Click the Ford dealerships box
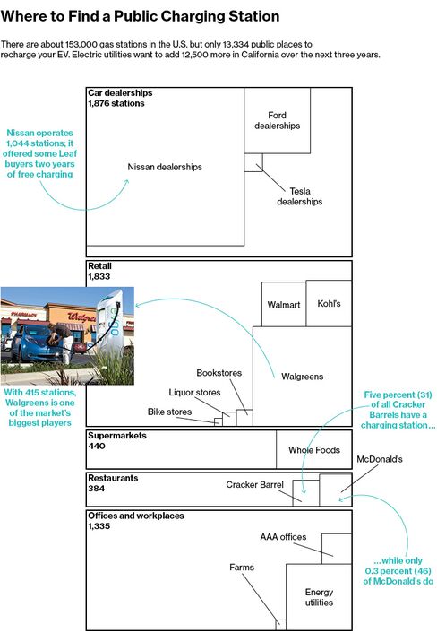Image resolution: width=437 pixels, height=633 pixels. pyautogui.click(x=277, y=120)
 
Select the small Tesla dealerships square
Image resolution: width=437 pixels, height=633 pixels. pyautogui.click(x=253, y=162)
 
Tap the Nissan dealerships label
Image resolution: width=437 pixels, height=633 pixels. pyautogui.click(x=165, y=167)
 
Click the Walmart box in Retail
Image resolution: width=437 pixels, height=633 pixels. pyautogui.click(x=284, y=304)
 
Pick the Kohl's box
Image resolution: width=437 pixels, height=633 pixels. pyautogui.click(x=329, y=303)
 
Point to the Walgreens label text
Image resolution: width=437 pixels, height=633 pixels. pyautogui.click(x=302, y=377)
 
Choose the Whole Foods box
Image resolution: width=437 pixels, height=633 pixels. pyautogui.click(x=314, y=449)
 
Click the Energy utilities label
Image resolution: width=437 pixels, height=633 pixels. pyautogui.click(x=319, y=597)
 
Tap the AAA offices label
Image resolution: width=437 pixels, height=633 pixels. pyautogui.click(x=283, y=537)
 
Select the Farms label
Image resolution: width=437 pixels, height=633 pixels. pyautogui.click(x=242, y=568)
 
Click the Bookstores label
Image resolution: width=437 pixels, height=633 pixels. pyautogui.click(x=218, y=373)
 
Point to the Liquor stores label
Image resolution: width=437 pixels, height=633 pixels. pyautogui.click(x=194, y=392)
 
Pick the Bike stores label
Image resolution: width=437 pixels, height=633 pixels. pyautogui.click(x=169, y=412)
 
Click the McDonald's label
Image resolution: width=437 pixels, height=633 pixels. pyautogui.click(x=380, y=459)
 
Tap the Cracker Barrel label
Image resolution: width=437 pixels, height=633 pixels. pyautogui.click(x=254, y=484)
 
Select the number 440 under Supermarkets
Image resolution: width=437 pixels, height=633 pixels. pyautogui.click(x=97, y=446)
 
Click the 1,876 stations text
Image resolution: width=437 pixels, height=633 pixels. pyautogui.click(x=116, y=103)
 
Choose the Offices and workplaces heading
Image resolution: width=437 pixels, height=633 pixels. pyautogui.click(x=136, y=516)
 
